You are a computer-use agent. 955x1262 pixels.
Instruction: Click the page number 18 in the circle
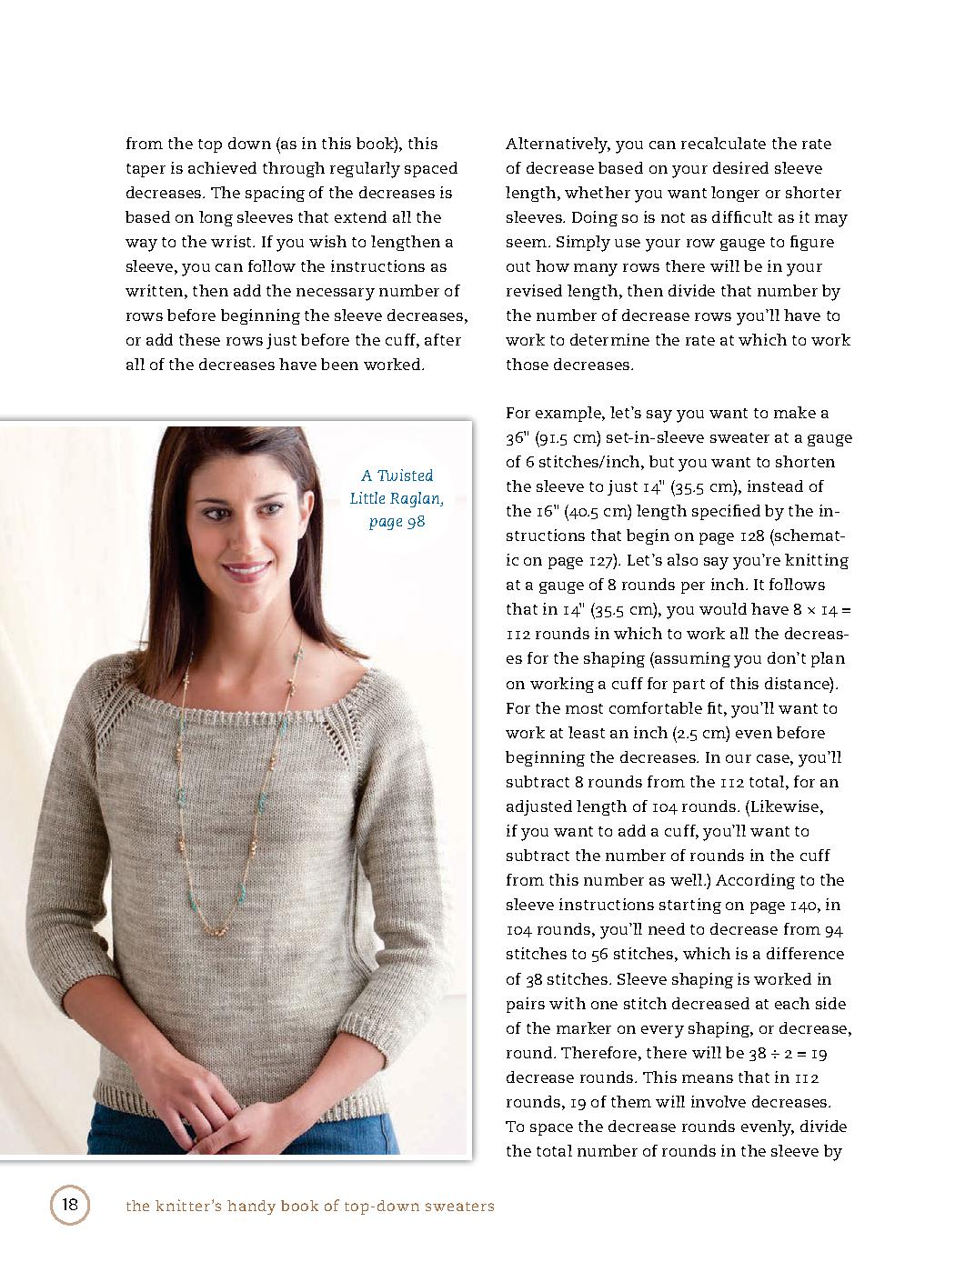69,1206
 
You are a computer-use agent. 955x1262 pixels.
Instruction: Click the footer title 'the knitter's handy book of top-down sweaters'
310,1207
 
